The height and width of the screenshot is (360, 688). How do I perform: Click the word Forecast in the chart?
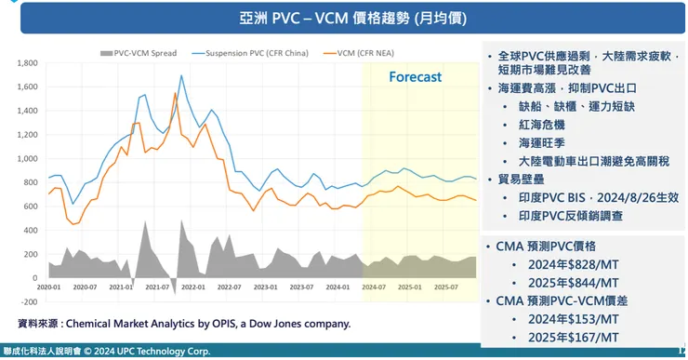coord(415,76)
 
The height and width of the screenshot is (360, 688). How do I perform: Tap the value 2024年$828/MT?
coord(567,265)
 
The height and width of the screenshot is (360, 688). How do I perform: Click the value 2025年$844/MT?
coord(567,282)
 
